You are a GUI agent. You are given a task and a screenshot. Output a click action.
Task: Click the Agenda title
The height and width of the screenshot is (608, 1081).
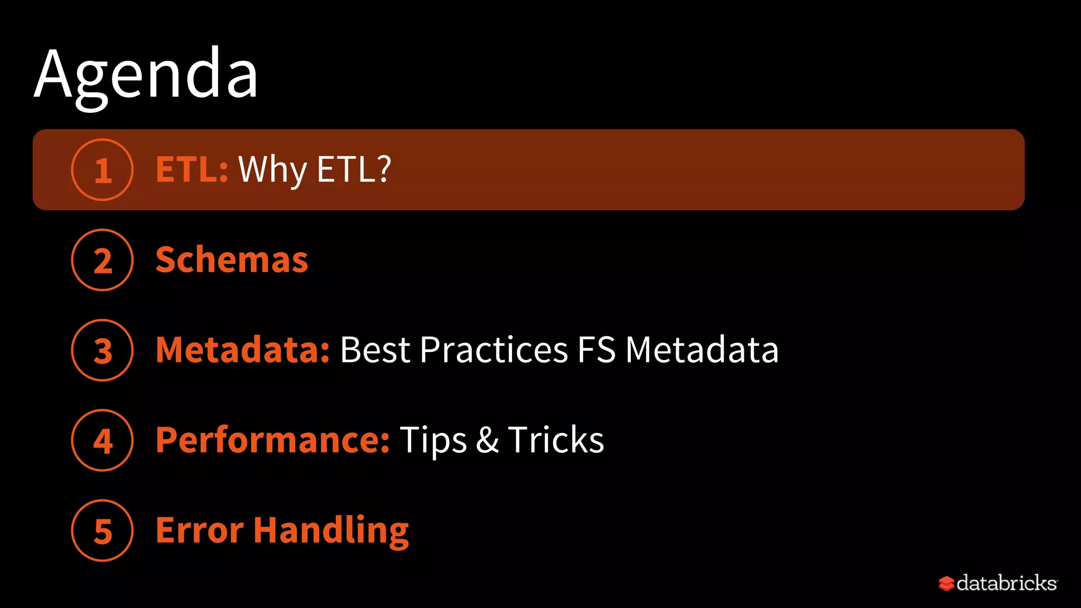[x=146, y=74]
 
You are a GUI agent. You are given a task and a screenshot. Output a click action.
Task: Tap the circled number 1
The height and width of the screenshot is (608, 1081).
[x=102, y=170]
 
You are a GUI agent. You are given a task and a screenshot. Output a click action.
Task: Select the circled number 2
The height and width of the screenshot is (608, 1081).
[x=102, y=260]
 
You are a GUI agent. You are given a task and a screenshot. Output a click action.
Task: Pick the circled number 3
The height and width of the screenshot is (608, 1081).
[x=102, y=350]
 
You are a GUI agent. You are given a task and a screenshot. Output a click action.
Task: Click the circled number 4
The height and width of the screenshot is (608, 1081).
[x=102, y=440]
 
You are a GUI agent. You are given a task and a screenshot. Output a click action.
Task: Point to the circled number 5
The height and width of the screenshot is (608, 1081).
[x=102, y=530]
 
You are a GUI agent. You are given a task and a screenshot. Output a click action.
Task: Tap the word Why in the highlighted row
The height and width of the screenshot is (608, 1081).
[x=272, y=170]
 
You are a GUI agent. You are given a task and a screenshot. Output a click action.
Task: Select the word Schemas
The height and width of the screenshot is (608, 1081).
[x=232, y=260]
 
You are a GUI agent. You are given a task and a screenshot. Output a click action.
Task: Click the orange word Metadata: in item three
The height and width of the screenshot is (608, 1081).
[x=243, y=350]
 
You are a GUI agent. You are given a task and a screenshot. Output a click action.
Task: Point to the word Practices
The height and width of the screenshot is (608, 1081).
[x=494, y=350]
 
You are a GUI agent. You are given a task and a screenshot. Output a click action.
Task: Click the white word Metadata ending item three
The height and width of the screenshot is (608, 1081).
[x=702, y=350]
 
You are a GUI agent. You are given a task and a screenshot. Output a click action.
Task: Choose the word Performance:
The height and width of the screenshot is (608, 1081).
[x=273, y=440]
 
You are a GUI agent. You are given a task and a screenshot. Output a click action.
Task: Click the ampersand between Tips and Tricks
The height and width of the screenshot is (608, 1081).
[x=487, y=440]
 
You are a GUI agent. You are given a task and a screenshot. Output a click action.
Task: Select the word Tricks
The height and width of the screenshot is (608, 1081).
[x=556, y=440]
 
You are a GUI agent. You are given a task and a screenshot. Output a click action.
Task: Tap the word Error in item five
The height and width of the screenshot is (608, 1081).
[x=200, y=530]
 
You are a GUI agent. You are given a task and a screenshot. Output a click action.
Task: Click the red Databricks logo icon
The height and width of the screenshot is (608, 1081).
[x=946, y=583]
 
